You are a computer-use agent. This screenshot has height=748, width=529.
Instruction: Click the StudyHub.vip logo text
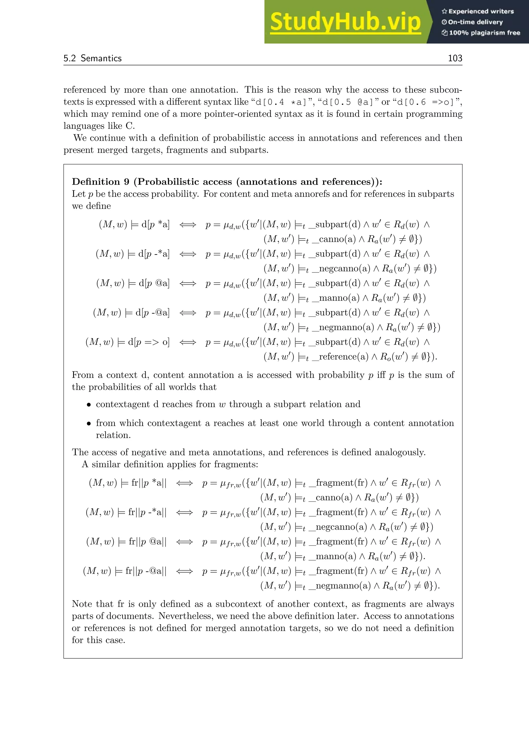tap(345, 22)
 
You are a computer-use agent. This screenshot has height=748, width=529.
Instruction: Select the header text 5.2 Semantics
tap(92, 58)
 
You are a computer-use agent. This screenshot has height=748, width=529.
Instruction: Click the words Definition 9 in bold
tap(100, 182)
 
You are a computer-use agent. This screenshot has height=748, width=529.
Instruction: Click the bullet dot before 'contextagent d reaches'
tap(88, 405)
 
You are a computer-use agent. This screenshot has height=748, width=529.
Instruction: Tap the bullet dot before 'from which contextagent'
tap(88, 424)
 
